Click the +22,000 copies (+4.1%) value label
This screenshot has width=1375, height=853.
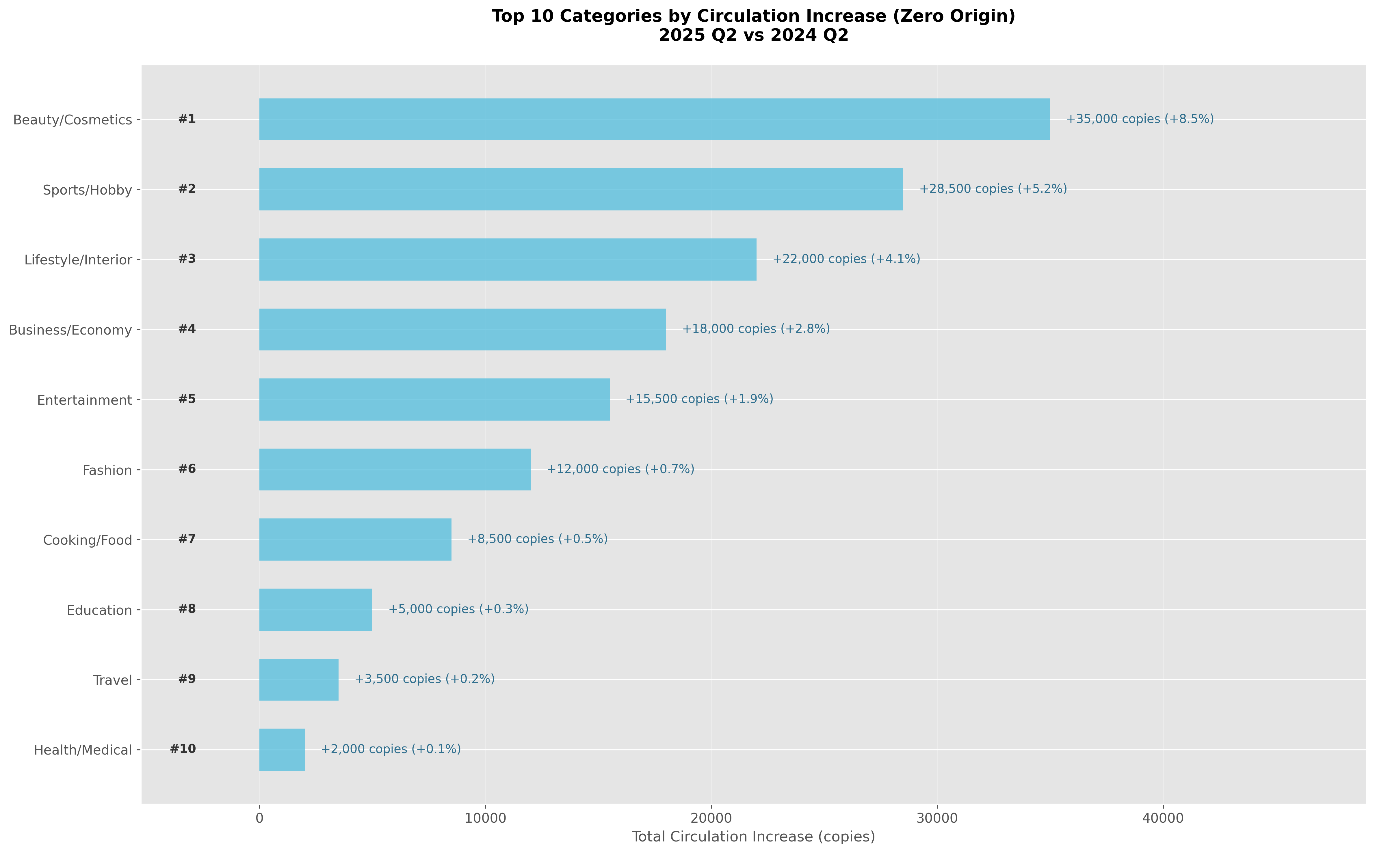click(x=846, y=259)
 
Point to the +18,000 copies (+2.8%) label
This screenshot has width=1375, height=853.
click(x=756, y=329)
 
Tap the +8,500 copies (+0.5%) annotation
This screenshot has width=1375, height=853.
click(x=537, y=539)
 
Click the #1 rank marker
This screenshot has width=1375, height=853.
click(x=187, y=119)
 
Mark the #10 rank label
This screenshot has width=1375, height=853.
click(x=183, y=749)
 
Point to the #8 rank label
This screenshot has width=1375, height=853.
click(x=187, y=609)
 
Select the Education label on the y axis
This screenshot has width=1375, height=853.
click(x=99, y=611)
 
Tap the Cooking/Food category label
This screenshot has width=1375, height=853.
click(x=88, y=540)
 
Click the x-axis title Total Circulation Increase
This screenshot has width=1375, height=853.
click(x=753, y=837)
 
